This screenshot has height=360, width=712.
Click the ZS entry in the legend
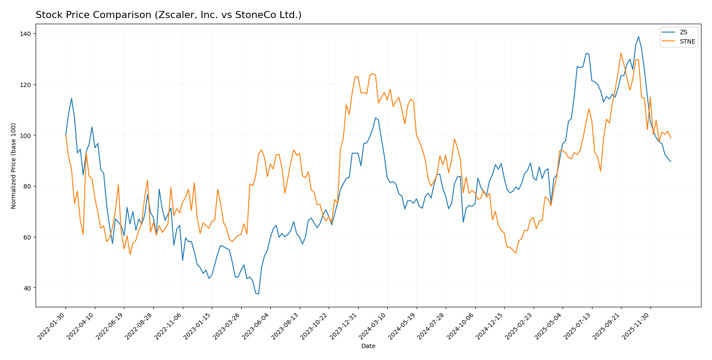pyautogui.click(x=683, y=32)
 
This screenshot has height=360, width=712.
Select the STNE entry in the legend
pyautogui.click(x=687, y=42)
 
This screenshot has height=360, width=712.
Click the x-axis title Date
pyautogui.click(x=368, y=346)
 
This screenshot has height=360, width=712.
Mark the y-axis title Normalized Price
pyautogui.click(x=14, y=166)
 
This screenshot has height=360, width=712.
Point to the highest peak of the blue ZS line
pyautogui.click(x=638, y=36)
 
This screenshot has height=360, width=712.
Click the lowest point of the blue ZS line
pyautogui.click(x=258, y=294)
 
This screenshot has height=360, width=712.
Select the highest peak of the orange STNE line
pyautogui.click(x=621, y=53)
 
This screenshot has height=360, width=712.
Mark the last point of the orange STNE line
pyautogui.click(x=671, y=138)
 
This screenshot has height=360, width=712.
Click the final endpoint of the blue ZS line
pyautogui.click(x=671, y=161)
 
